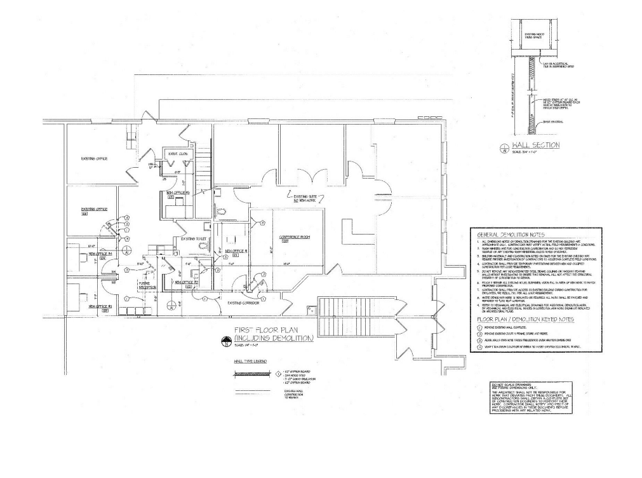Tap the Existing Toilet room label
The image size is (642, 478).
point(194,239)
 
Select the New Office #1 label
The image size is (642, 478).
point(100,308)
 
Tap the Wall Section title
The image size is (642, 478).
point(536,146)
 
